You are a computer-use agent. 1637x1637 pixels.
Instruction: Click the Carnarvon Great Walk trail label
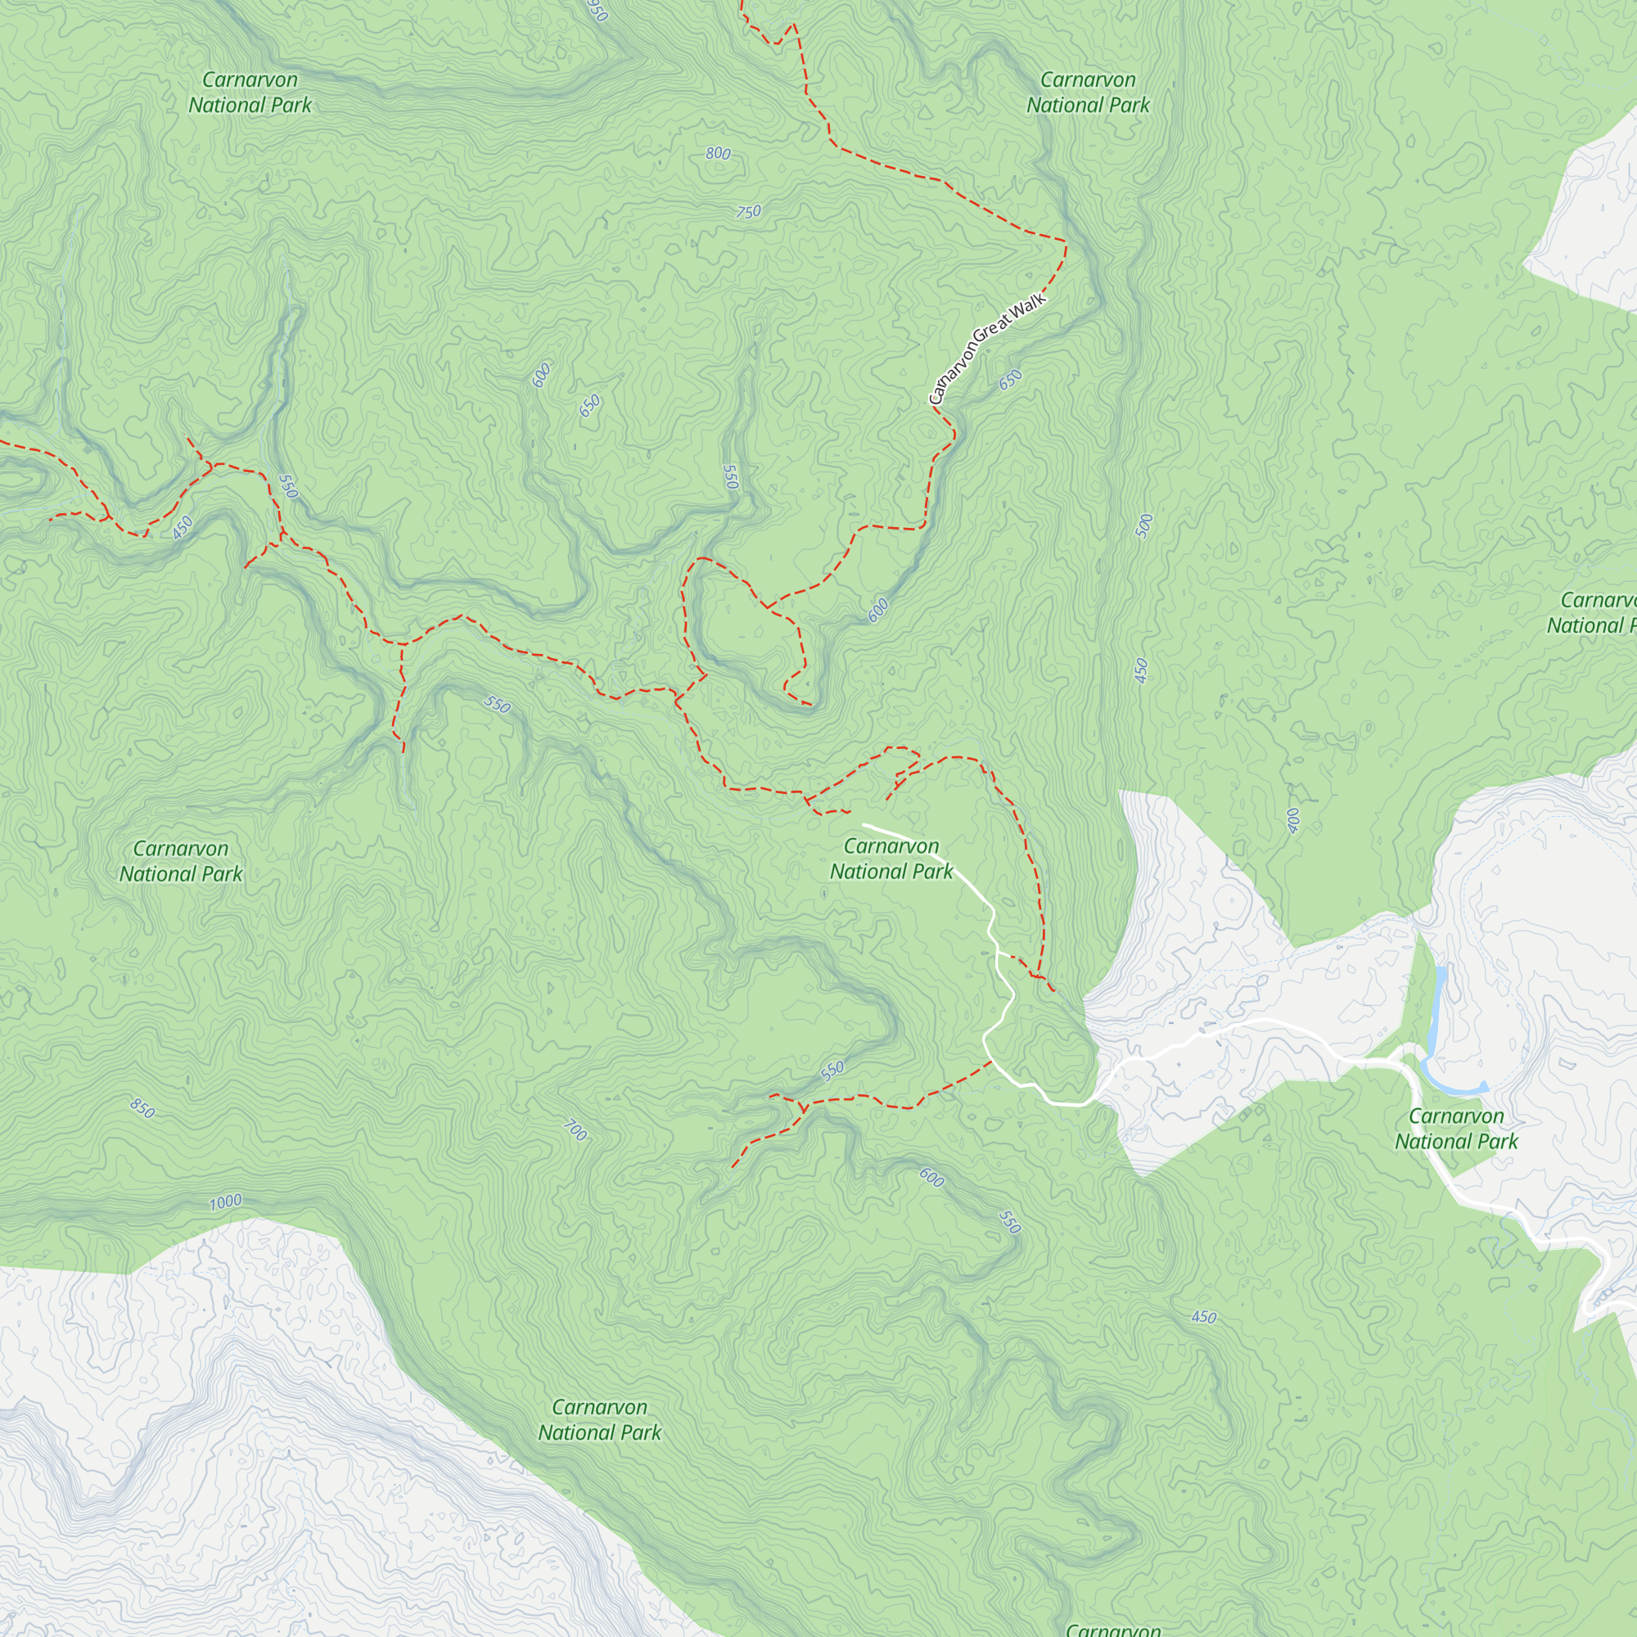[988, 348]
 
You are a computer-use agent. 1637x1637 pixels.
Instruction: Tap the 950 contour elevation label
[598, 11]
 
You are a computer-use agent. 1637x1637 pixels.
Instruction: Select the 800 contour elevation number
[718, 153]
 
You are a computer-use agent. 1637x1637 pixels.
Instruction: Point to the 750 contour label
[748, 212]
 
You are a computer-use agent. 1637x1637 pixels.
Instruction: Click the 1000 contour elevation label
[225, 1202]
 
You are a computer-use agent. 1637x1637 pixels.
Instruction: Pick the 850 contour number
[142, 1108]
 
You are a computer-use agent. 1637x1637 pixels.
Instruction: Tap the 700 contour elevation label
[575, 1130]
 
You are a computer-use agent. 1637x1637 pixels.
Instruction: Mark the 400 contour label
[1292, 820]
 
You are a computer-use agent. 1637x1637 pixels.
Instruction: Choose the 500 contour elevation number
[1144, 526]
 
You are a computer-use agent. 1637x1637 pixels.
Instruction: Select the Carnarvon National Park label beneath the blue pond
[1455, 1129]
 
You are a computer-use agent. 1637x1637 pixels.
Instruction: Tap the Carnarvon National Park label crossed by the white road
[891, 859]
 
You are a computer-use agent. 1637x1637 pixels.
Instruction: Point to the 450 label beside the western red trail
[183, 528]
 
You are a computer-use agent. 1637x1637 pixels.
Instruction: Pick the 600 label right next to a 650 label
[541, 375]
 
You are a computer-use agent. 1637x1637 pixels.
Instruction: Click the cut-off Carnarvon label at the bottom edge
[1112, 1629]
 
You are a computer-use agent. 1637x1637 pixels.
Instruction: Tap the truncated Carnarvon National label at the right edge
[1593, 612]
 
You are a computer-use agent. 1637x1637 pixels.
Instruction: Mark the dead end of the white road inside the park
[864, 824]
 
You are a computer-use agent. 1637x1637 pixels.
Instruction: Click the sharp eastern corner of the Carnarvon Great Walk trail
[1066, 241]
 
